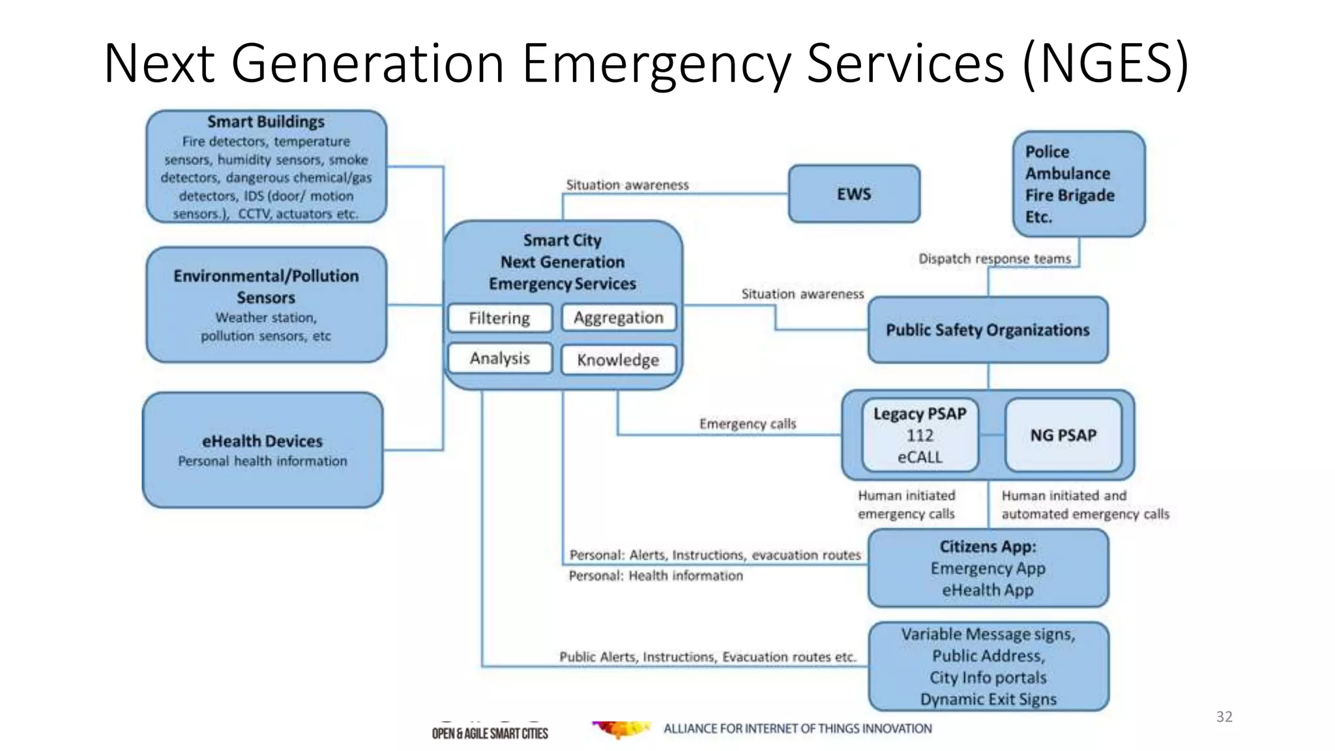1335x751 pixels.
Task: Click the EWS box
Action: click(854, 194)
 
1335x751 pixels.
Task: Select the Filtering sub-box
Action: click(499, 318)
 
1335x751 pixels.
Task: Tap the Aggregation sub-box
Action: click(618, 317)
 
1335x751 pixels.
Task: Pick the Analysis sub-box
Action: click(499, 359)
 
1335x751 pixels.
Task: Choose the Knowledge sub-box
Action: click(618, 360)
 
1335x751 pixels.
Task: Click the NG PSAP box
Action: click(1063, 435)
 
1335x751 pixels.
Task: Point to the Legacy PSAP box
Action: click(920, 435)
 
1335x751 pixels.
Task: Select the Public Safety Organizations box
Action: click(988, 330)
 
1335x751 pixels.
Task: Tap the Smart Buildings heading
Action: click(266, 122)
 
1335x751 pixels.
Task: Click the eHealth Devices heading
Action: click(262, 441)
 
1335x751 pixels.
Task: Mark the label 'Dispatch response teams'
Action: click(995, 259)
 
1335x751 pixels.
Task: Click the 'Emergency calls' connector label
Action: click(748, 424)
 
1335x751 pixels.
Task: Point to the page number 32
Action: click(1224, 716)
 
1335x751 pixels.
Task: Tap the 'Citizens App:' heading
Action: click(988, 546)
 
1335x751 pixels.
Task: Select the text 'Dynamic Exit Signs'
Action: click(988, 699)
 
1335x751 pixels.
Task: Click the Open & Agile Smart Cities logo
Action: click(490, 733)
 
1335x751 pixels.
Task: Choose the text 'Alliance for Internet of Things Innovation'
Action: click(797, 728)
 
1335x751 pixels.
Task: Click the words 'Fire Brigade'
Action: click(1070, 196)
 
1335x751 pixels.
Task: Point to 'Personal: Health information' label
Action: click(656, 576)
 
